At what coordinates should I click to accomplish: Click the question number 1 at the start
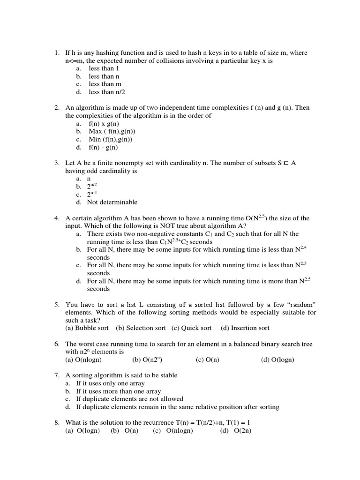click(56, 53)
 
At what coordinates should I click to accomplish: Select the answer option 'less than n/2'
click(107, 92)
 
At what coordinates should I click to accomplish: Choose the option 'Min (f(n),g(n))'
click(111, 139)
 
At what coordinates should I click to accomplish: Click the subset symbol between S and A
click(286, 163)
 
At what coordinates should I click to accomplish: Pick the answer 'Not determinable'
click(112, 202)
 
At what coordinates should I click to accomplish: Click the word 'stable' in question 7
click(167, 375)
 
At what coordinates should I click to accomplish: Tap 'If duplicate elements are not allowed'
click(130, 399)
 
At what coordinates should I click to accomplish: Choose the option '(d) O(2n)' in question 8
click(236, 431)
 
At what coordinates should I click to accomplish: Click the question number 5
click(56, 304)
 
